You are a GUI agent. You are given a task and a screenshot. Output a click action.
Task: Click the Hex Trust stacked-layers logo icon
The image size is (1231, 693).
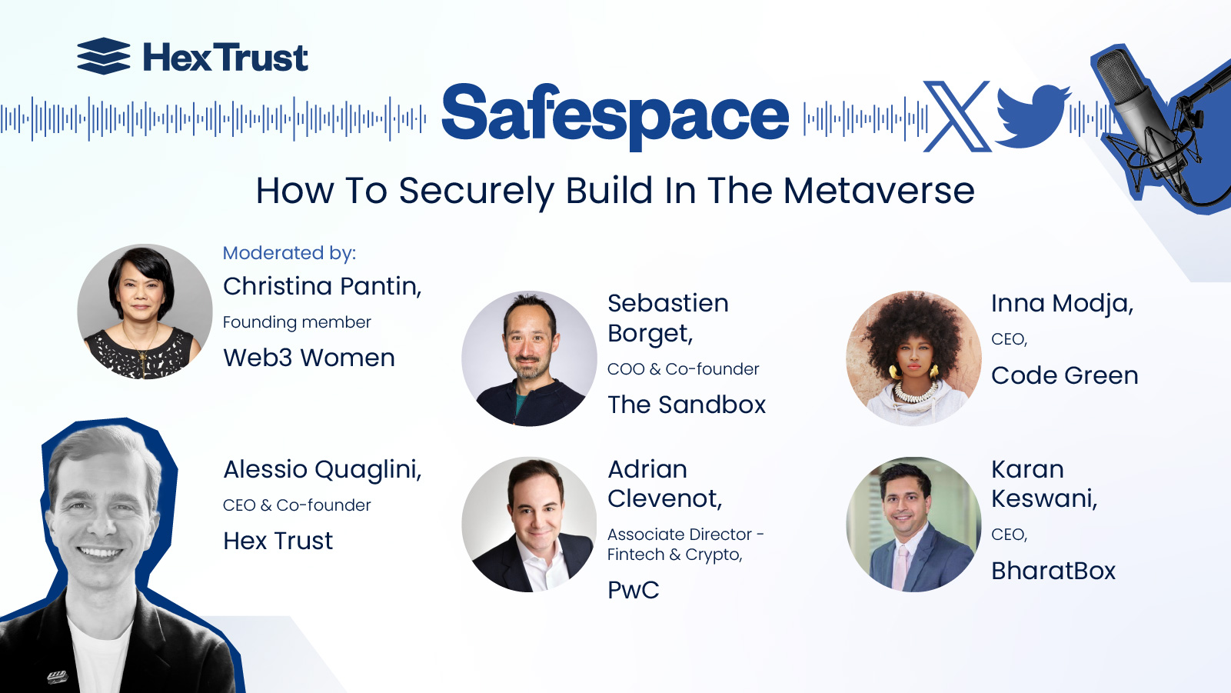(104, 56)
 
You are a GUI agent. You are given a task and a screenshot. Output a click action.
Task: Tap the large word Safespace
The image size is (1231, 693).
(615, 114)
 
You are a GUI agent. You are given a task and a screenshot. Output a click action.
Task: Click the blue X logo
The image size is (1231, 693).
(957, 116)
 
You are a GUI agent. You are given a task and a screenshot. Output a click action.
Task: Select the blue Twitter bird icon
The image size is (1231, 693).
(1032, 116)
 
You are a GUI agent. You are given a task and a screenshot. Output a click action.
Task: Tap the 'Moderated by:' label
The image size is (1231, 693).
(289, 253)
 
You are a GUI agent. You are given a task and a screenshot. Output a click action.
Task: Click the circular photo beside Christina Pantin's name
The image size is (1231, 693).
(145, 312)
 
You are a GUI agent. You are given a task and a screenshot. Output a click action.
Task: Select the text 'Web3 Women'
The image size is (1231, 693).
(309, 358)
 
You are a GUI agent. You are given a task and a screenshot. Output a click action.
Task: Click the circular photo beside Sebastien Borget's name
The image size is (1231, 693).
(529, 358)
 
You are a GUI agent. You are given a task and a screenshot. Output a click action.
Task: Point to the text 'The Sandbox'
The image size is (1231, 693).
(687, 405)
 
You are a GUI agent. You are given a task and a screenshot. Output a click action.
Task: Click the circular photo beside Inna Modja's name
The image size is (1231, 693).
(913, 358)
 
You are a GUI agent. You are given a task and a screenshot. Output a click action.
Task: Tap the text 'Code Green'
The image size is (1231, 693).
(1064, 375)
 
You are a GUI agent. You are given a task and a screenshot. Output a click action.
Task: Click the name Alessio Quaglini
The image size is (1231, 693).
(322, 469)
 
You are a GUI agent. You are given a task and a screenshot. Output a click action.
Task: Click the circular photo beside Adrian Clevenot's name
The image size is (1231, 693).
(529, 525)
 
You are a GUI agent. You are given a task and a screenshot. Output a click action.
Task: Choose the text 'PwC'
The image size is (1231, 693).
(634, 590)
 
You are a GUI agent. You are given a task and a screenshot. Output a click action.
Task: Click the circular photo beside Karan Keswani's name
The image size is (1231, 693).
(913, 525)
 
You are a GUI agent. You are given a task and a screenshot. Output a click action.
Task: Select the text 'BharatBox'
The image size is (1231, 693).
(1053, 571)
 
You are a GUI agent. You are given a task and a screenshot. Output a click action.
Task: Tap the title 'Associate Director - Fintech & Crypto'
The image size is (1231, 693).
(684, 544)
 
